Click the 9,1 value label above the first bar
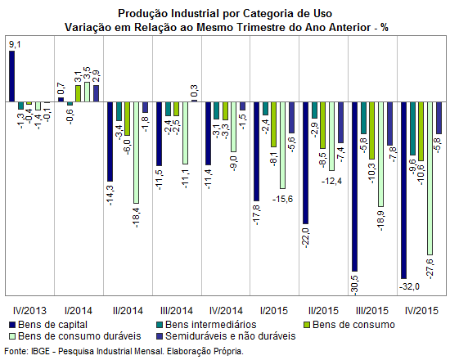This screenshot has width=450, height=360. click(x=15, y=44)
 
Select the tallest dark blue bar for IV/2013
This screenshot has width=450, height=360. click(x=11, y=76)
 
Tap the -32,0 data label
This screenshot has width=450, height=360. click(x=408, y=286)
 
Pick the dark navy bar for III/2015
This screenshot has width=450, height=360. click(x=355, y=187)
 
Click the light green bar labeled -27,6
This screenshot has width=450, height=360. click(x=430, y=178)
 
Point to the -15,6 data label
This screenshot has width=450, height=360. click(x=283, y=199)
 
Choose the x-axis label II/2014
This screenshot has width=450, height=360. click(x=128, y=311)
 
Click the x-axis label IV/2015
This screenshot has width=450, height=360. click(x=421, y=311)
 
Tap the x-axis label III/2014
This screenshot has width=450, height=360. click(x=177, y=311)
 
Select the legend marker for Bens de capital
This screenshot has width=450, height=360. click(x=12, y=325)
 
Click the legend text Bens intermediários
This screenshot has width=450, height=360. click(x=210, y=325)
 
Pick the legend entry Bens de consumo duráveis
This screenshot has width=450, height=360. click(x=75, y=336)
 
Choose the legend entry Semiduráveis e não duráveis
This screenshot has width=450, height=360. click(x=227, y=336)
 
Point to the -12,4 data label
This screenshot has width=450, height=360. click(x=331, y=181)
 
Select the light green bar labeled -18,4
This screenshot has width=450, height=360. click(x=136, y=152)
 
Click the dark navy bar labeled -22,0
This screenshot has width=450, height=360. click(x=306, y=163)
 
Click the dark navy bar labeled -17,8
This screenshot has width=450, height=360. click(x=256, y=151)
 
